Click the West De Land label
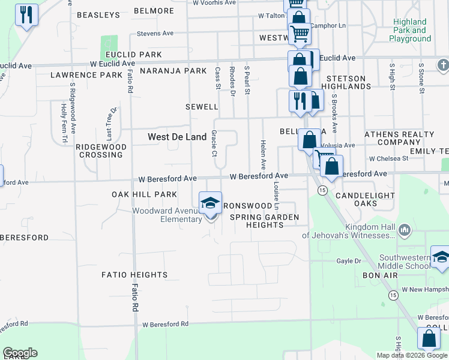pos(177,137)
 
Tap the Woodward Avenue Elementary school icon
pos(210,203)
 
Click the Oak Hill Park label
pos(144,194)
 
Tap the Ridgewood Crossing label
pos(101,151)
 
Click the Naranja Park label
pos(173,71)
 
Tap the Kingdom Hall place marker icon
pos(405,230)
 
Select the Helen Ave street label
pos(263,155)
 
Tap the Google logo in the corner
pos(20,353)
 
